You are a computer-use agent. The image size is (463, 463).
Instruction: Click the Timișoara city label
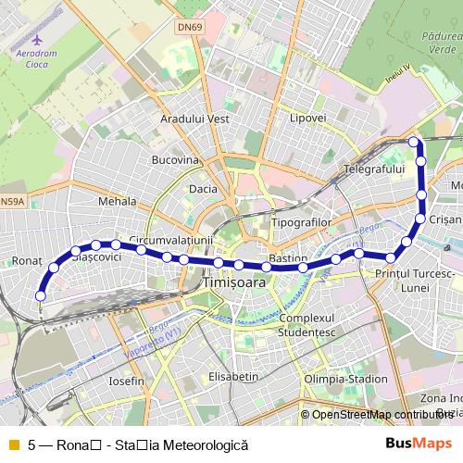pos(232,282)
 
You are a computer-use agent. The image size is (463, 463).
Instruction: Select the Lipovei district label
pos(308,119)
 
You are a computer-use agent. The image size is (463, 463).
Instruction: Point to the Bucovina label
pos(175,159)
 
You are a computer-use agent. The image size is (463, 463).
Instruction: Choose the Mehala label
pos(117,200)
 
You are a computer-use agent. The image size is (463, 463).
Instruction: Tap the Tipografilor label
pos(302,223)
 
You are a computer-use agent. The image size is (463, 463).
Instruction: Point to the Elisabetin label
pos(233,377)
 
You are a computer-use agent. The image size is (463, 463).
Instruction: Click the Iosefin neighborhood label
pos(127,381)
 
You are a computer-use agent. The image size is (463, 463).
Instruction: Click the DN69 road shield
pos(189,27)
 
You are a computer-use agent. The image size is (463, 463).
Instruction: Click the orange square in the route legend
pos(13,444)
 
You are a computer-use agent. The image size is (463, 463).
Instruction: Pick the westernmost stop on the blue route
pos(40,295)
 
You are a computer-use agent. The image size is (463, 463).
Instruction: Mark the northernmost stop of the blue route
pos(414,142)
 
